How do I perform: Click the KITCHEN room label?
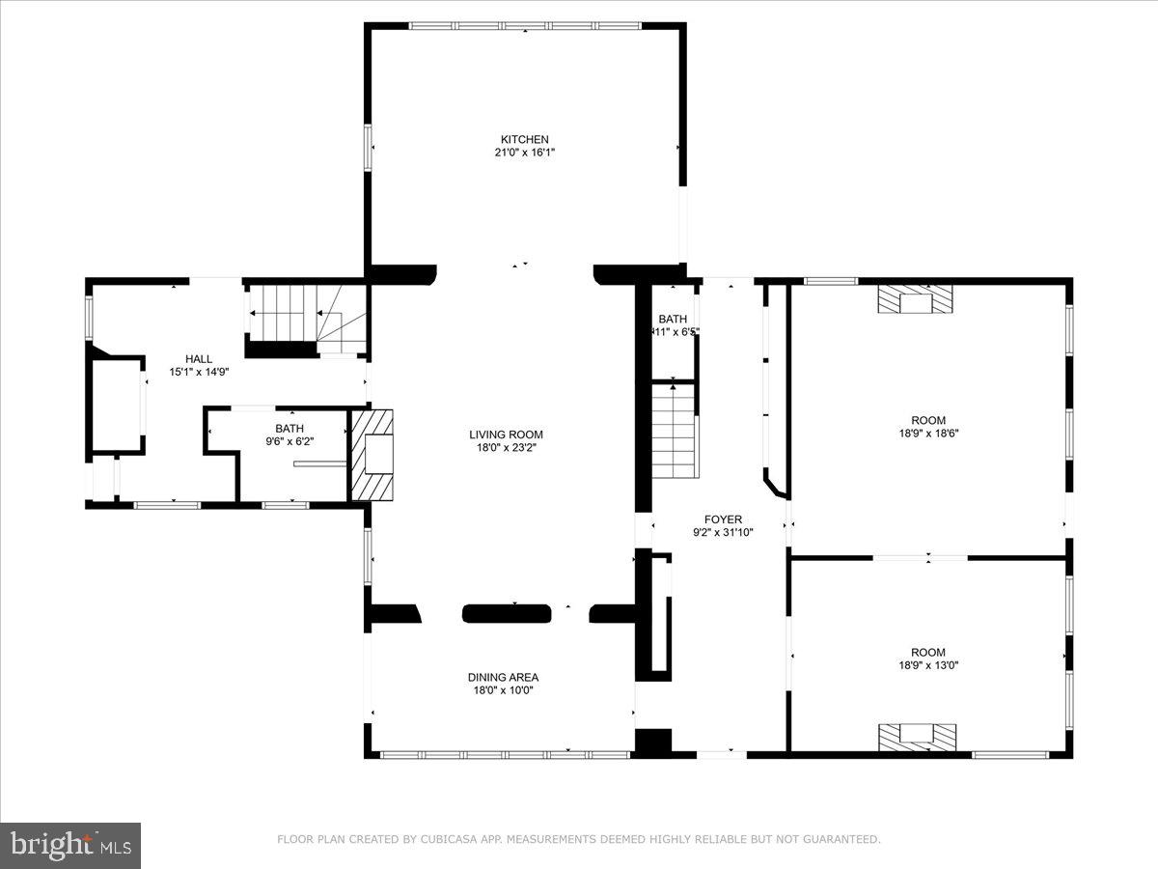coord(524,139)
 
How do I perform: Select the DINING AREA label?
coord(503,677)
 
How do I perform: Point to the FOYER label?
coord(723,519)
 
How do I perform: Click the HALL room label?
coord(199,358)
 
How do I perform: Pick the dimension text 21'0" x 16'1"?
coord(524,153)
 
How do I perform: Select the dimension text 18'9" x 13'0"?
coord(927,665)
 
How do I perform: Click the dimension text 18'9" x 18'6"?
coord(927,434)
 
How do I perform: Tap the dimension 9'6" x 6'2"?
coord(289,441)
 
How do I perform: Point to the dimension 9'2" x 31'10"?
coord(723,532)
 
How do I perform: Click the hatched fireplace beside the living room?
coord(372,454)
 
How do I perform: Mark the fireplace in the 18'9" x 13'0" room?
coord(917,737)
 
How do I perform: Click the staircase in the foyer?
coord(675,430)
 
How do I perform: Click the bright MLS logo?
coord(70,845)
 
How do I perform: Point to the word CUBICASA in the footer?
coord(445,840)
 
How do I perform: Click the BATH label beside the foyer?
coord(673,319)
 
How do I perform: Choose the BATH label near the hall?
coord(289,428)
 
